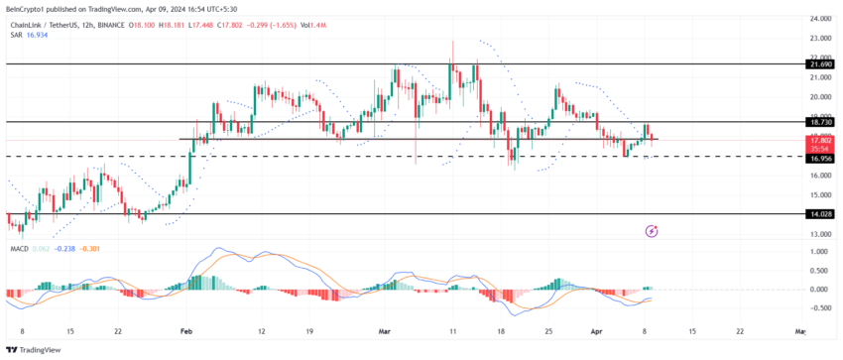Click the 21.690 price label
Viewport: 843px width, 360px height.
point(819,63)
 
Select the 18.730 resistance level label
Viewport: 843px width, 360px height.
point(819,122)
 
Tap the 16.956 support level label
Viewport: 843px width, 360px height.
point(819,157)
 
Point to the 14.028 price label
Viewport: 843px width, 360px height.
point(819,213)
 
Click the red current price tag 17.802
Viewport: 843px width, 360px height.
point(819,140)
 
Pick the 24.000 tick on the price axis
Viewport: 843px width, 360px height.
point(819,20)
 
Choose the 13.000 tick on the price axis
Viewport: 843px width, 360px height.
point(819,234)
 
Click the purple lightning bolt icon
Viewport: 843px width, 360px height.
point(652,231)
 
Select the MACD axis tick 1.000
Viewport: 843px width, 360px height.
point(819,252)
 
